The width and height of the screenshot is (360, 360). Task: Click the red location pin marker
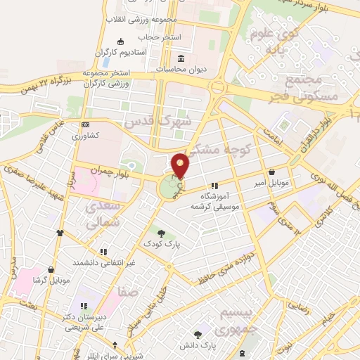(181, 166)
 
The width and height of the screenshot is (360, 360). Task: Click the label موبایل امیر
(271, 183)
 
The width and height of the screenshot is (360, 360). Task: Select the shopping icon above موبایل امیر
(271, 172)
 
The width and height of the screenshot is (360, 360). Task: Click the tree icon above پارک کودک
(162, 233)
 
